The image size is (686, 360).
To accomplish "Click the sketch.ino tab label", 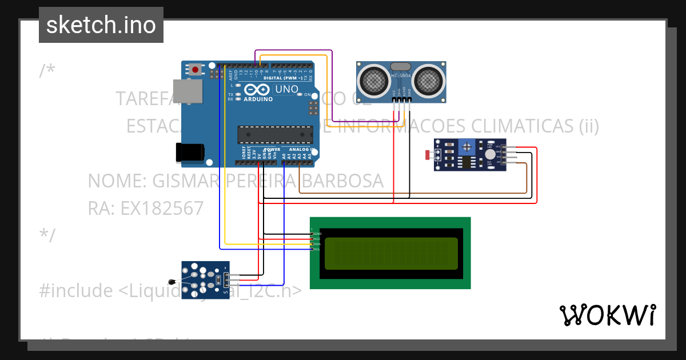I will pyautogui.click(x=101, y=25).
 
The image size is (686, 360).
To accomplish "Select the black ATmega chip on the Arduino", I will pyautogui.click(x=275, y=134).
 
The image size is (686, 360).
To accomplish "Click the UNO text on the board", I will pyautogui.click(x=286, y=89).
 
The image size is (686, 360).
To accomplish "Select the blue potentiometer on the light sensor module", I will pyautogui.click(x=466, y=147).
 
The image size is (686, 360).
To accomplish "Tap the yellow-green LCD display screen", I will pyautogui.click(x=392, y=253).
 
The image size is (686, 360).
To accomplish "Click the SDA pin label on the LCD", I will pyautogui.click(x=316, y=244).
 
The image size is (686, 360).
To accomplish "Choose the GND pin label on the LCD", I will pyautogui.click(x=317, y=234).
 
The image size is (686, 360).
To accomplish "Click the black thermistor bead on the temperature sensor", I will pyautogui.click(x=171, y=281).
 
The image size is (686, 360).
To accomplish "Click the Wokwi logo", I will pyautogui.click(x=607, y=315).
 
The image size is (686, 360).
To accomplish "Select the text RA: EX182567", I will pyautogui.click(x=145, y=208).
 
